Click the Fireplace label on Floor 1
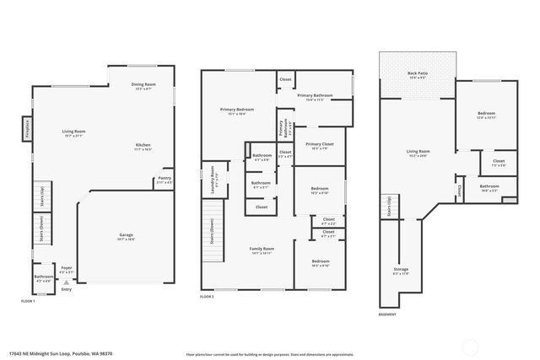[26, 130]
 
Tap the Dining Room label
[143, 85]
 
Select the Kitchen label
[143, 146]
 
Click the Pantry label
[165, 180]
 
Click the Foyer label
[67, 270]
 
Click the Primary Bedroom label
[237, 110]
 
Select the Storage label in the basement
[401, 271]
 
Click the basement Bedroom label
[486, 114]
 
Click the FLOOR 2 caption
[208, 298]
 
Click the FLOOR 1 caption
[29, 300]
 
